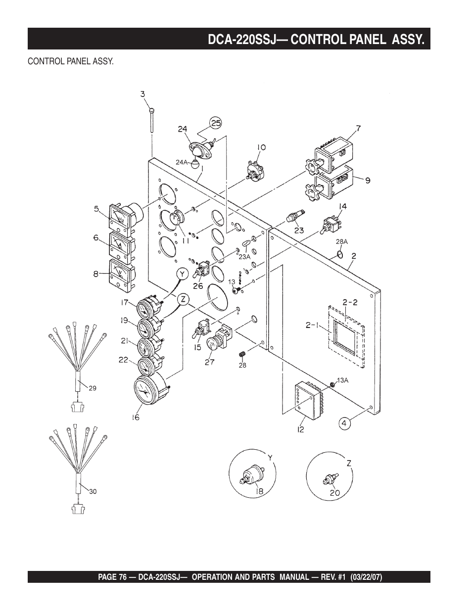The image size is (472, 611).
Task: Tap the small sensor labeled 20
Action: pos(329,480)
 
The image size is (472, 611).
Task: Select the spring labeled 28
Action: pos(242,355)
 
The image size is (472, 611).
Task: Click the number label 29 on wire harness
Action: pos(92,388)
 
